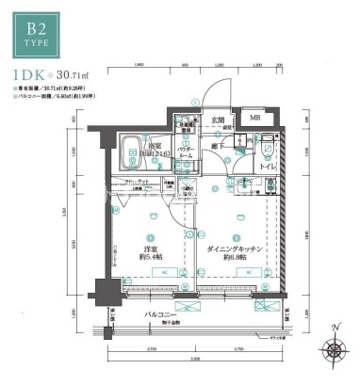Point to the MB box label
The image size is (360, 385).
click(255, 119)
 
